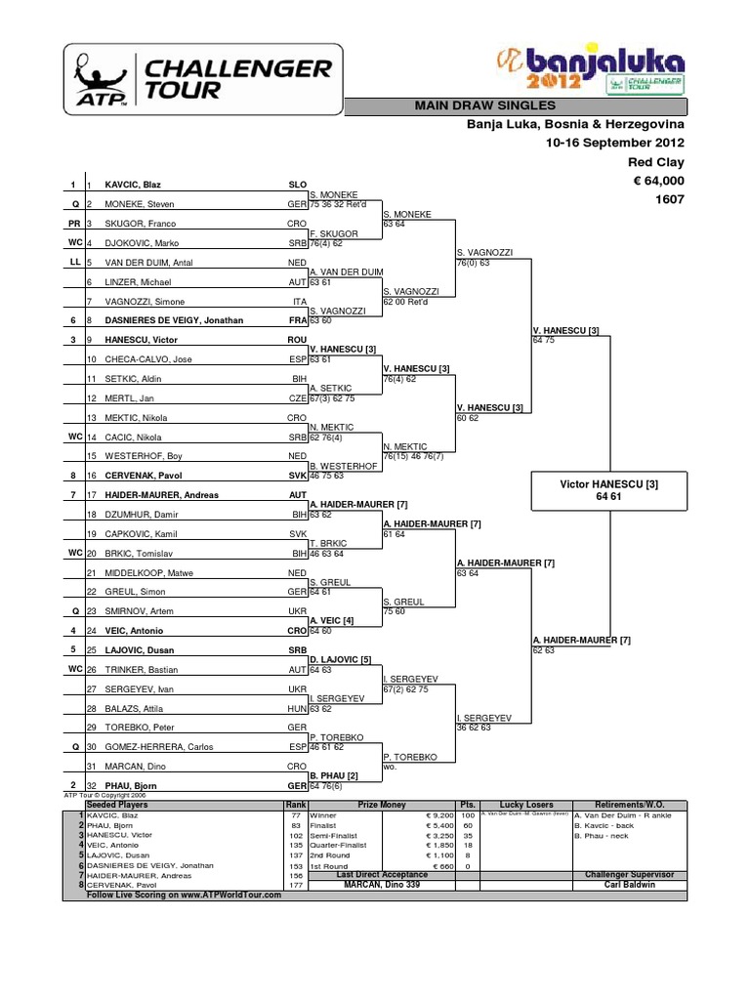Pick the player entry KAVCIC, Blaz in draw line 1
click(x=133, y=184)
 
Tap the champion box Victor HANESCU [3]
click(x=609, y=483)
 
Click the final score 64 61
click(x=609, y=497)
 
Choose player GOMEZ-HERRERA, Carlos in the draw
click(x=152, y=748)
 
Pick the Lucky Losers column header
click(x=525, y=804)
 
